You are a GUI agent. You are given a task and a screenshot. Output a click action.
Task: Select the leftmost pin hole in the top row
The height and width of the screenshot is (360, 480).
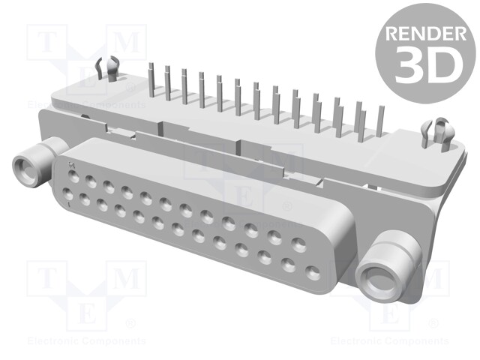(x=73, y=177)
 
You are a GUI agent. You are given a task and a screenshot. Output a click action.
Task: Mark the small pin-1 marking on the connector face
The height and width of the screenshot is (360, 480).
(x=71, y=163)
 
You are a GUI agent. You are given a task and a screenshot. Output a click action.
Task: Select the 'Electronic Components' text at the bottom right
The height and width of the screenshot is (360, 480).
(x=389, y=341)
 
